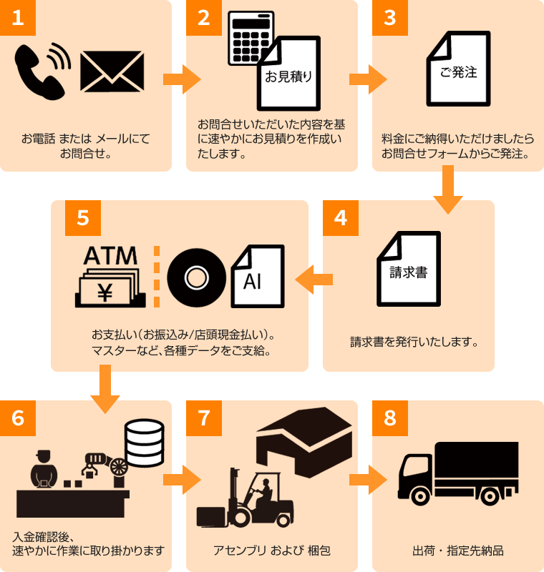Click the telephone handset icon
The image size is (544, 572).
click(x=37, y=71)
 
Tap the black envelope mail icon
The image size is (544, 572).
click(x=112, y=71)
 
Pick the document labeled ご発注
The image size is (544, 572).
click(x=459, y=69)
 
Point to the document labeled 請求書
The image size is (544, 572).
click(x=409, y=270)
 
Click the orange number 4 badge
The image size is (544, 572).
click(x=341, y=218)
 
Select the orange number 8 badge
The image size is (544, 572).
click(x=390, y=418)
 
